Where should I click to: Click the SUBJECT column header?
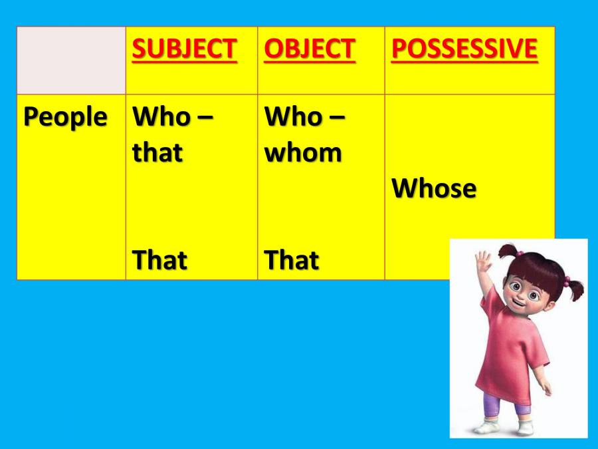185,49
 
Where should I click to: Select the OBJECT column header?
310,49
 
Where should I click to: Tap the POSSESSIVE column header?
464,49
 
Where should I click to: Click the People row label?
65,117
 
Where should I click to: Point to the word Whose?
434,189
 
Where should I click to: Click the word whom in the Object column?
303,153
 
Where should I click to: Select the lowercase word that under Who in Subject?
157,153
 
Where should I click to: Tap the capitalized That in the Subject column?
159,260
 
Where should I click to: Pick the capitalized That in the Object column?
291,260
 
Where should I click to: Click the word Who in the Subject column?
161,117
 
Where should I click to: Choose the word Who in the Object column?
293,117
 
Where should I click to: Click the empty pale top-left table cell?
71,61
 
